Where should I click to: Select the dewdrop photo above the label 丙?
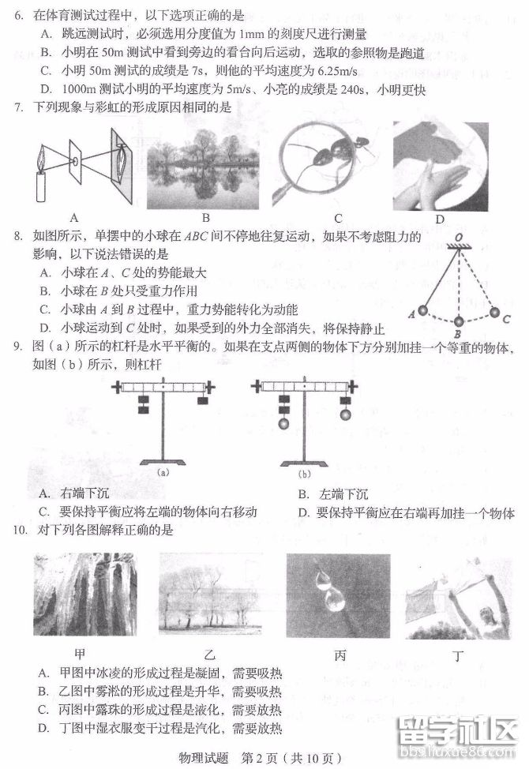click(x=338, y=596)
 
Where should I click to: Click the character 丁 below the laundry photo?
click(x=459, y=655)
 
